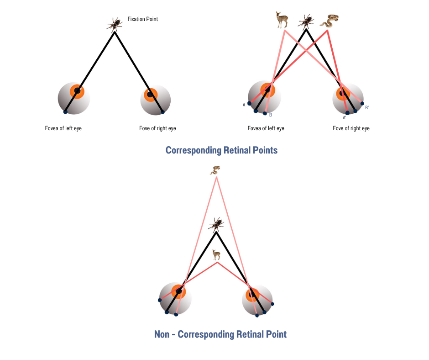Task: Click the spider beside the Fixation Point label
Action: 114,24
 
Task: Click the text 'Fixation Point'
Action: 143,20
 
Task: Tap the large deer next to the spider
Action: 282,20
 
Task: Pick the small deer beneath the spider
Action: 216,254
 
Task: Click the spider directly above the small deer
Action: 216,224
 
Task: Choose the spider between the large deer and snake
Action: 306,21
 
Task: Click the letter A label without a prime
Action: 244,105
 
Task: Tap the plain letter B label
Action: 271,115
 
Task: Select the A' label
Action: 345,118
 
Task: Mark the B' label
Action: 367,108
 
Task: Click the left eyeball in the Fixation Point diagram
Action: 74,98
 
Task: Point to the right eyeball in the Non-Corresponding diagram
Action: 257,300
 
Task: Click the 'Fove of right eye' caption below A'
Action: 351,128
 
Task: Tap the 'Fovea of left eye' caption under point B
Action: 266,128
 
